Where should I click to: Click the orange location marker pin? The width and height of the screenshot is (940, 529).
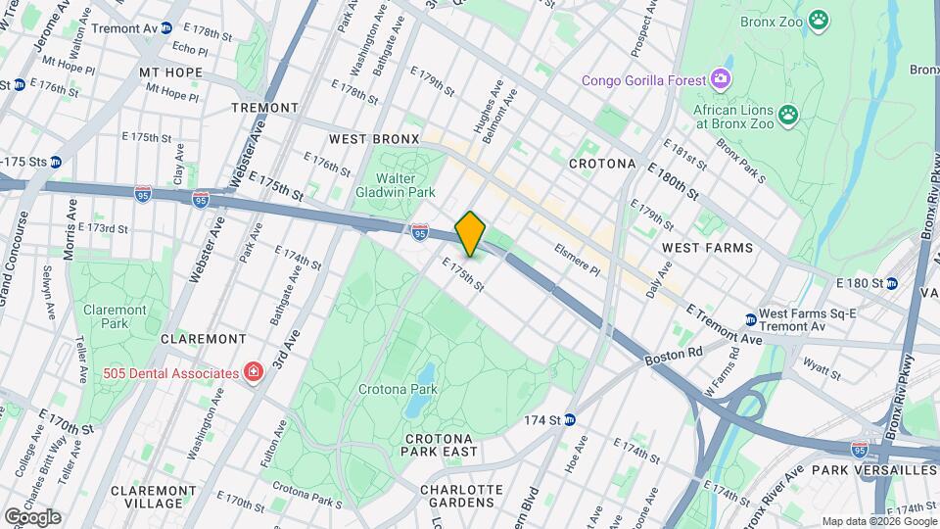pos(470,233)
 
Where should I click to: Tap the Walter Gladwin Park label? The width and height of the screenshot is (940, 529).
pos(408,185)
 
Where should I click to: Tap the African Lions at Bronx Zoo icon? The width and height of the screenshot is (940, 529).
pos(788,116)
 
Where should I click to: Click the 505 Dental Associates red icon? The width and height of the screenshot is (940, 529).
pos(254,373)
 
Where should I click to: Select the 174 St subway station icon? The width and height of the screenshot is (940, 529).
pos(569,419)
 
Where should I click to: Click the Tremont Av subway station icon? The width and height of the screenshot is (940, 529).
pos(166,28)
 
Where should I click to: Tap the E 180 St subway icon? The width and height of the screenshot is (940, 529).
pos(892,284)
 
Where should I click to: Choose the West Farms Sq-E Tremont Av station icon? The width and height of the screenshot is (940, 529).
pos(750,319)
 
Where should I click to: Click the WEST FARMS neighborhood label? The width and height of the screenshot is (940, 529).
pos(707,248)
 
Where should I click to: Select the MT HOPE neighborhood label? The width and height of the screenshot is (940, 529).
pos(170,72)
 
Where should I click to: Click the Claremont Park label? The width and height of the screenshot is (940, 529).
pos(115,316)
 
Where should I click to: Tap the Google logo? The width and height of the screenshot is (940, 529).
pos(32,516)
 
